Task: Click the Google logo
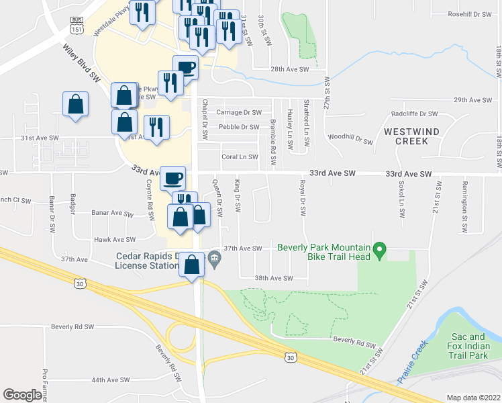pyautogui.click(x=22, y=395)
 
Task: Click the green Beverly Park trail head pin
pyautogui.click(x=379, y=252)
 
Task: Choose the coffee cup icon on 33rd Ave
pyautogui.click(x=173, y=179)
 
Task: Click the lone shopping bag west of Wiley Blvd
pyautogui.click(x=75, y=105)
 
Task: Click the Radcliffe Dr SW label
pyautogui.click(x=414, y=114)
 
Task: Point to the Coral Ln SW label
pyautogui.click(x=240, y=157)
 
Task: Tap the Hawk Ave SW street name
pyautogui.click(x=115, y=239)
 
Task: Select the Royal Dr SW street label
pyautogui.click(x=303, y=198)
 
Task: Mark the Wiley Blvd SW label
pyautogui.click(x=81, y=64)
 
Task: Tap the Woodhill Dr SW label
pyautogui.click(x=350, y=140)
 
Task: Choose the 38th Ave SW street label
pyautogui.click(x=274, y=277)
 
